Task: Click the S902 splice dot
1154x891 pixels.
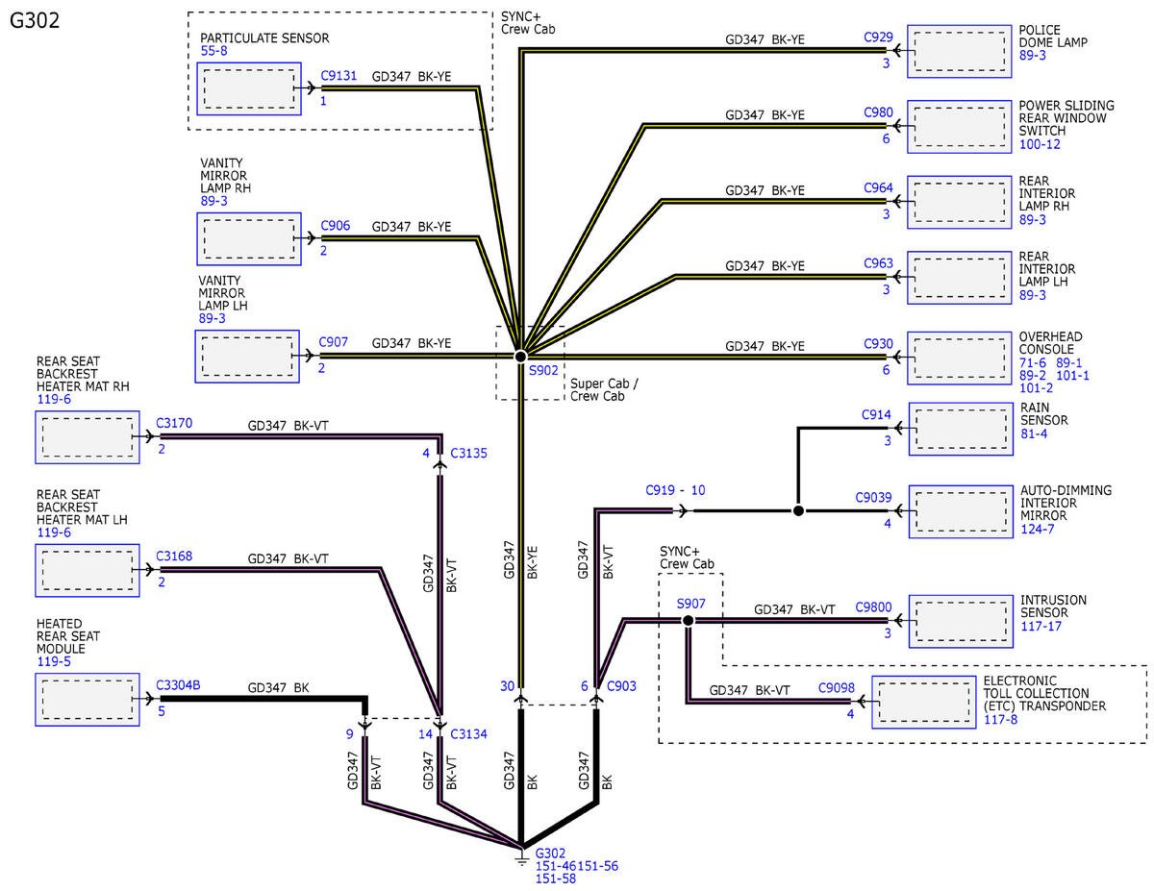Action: [520, 356]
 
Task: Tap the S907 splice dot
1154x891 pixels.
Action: [688, 620]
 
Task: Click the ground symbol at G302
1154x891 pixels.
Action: [521, 857]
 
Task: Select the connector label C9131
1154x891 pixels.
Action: [339, 75]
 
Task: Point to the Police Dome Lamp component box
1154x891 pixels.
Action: [959, 51]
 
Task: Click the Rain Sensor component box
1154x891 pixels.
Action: [960, 429]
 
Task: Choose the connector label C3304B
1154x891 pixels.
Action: [178, 684]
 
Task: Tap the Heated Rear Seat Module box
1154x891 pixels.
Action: [88, 699]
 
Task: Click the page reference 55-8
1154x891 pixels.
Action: [214, 51]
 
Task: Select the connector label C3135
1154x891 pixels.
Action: [468, 453]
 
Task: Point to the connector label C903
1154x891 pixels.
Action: [621, 685]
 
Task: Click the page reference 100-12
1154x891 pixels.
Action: [1040, 144]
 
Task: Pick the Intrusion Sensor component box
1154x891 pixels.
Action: [960, 621]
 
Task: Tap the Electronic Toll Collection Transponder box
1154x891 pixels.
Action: [923, 702]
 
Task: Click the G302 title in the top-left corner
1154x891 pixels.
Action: [35, 20]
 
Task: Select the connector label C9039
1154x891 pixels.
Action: [873, 497]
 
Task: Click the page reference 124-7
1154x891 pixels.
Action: [1038, 529]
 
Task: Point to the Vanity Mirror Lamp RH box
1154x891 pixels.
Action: [248, 238]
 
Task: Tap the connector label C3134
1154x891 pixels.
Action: [468, 733]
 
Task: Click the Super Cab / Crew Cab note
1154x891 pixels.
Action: [604, 389]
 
